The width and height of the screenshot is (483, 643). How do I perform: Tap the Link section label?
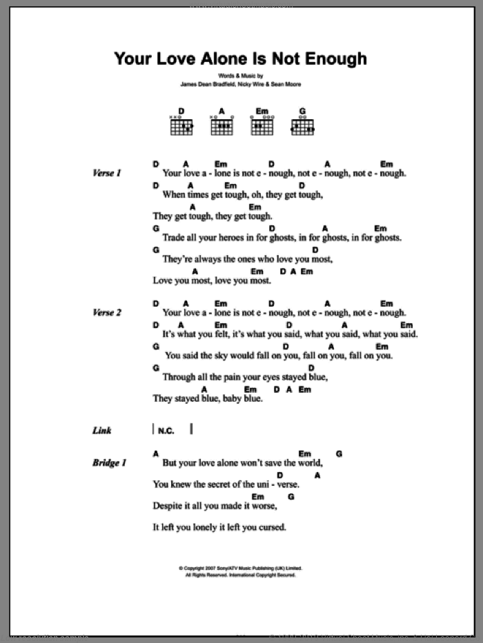coord(101,431)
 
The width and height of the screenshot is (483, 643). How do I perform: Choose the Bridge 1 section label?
coord(109,463)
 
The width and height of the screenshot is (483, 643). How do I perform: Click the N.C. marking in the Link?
coord(166,431)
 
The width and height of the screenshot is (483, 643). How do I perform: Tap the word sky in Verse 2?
coord(221,356)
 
